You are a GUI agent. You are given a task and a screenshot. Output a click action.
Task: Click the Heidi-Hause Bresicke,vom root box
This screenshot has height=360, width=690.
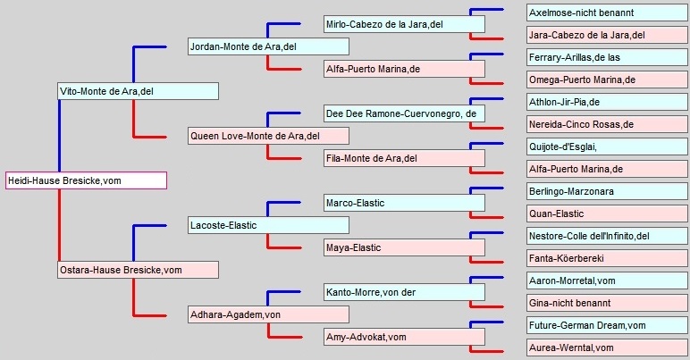click(86, 180)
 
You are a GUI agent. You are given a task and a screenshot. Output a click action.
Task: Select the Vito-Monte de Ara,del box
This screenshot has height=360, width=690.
click(139, 91)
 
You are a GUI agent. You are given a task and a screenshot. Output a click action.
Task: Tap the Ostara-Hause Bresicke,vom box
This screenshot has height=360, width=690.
click(139, 270)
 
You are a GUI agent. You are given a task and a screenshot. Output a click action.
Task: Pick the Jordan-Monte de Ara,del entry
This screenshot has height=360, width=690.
click(268, 46)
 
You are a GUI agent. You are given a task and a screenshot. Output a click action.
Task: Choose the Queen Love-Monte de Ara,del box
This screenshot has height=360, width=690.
click(268, 136)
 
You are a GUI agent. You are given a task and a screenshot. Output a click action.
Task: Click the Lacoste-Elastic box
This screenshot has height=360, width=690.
click(268, 225)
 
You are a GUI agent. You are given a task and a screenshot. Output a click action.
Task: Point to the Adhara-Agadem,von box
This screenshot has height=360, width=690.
click(268, 314)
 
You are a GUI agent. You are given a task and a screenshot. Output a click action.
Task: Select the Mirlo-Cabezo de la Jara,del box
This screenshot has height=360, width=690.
click(404, 24)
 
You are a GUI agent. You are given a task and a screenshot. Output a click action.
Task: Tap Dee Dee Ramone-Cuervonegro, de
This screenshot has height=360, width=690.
click(404, 113)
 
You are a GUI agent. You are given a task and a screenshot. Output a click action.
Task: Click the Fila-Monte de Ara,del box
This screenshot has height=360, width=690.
click(404, 158)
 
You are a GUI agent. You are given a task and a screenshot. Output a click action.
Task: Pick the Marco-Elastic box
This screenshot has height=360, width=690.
click(404, 203)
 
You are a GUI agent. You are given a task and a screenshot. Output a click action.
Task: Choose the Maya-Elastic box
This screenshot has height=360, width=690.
click(404, 247)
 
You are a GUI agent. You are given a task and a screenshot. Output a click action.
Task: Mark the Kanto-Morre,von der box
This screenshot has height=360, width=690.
click(404, 292)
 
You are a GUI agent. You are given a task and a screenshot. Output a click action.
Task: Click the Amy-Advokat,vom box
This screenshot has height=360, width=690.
click(404, 337)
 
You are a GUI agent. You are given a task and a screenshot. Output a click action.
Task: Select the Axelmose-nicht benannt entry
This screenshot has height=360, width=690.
click(608, 13)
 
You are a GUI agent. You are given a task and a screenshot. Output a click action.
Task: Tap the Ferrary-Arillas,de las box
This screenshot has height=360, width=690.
click(608, 57)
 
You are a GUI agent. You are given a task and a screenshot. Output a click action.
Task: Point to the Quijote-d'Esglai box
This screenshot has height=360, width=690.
click(608, 147)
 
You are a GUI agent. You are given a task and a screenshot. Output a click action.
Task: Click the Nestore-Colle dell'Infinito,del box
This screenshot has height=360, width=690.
click(608, 236)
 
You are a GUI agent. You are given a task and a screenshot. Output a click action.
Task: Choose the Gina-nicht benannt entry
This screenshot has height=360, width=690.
click(608, 303)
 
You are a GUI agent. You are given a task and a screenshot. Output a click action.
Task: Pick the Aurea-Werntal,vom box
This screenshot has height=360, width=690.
click(608, 347)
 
